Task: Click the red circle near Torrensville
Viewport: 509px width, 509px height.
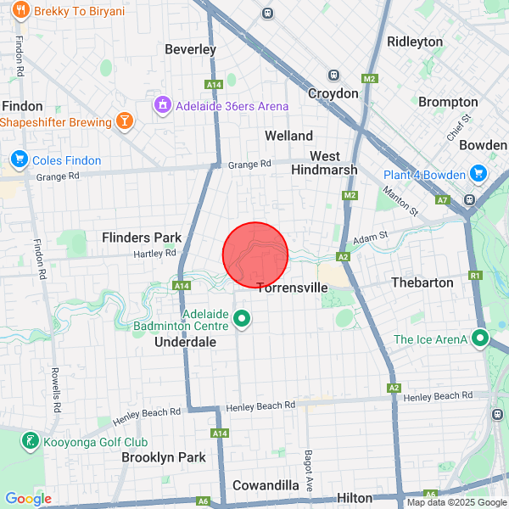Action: click(x=255, y=255)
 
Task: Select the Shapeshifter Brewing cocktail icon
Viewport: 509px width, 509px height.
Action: click(x=126, y=122)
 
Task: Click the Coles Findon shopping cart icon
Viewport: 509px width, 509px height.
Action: click(x=19, y=159)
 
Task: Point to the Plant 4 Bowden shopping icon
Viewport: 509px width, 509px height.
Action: click(x=478, y=175)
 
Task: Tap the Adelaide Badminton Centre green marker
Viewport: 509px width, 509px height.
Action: click(x=242, y=319)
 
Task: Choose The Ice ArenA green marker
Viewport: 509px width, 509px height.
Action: click(x=480, y=339)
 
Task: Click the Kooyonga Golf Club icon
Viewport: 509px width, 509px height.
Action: click(x=31, y=441)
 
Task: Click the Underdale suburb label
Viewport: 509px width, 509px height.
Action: click(x=185, y=342)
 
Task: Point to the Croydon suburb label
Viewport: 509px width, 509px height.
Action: click(x=333, y=93)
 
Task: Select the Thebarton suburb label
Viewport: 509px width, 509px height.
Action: click(x=422, y=282)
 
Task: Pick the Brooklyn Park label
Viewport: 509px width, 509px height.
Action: click(x=164, y=457)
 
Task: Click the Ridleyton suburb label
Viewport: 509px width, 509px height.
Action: click(x=415, y=42)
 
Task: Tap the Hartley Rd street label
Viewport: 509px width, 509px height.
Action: click(x=154, y=253)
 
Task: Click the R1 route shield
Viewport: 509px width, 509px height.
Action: click(x=475, y=275)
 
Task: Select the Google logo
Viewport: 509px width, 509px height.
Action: click(x=28, y=499)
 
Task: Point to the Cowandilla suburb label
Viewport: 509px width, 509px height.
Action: click(x=266, y=485)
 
